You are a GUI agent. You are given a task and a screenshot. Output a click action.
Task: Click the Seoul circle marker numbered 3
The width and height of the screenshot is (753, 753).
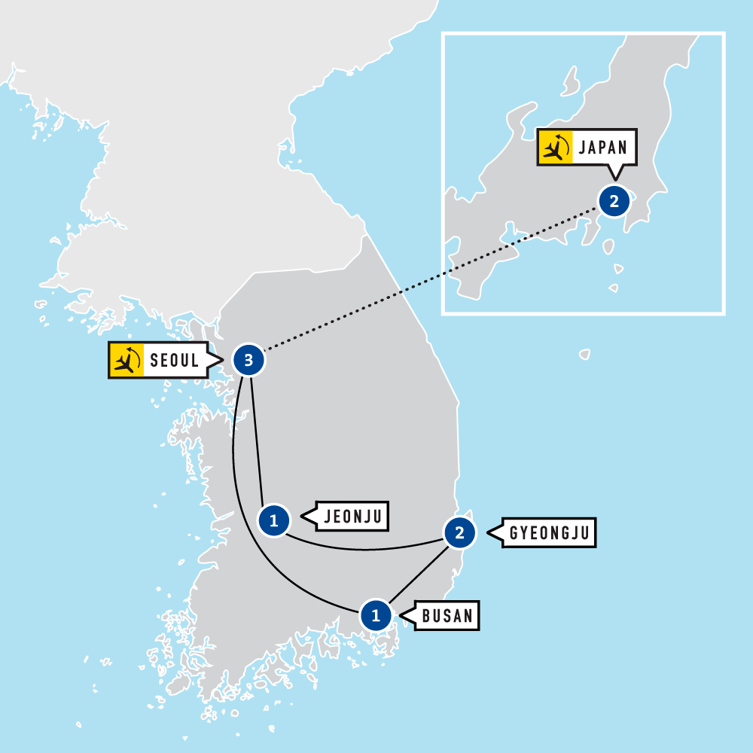(248, 361)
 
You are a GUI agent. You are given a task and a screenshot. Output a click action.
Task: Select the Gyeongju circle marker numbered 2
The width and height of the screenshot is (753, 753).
(459, 533)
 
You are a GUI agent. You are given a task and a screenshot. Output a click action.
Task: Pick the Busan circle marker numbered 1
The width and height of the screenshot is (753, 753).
(376, 615)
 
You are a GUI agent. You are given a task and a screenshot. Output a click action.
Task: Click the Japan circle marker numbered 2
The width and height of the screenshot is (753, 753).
(614, 201)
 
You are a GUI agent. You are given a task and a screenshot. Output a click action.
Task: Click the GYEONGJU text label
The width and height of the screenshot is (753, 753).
(551, 533)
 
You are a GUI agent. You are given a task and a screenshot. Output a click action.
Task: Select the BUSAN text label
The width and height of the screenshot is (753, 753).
(447, 616)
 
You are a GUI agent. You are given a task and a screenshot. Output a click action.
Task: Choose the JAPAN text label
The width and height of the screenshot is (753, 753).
(603, 147)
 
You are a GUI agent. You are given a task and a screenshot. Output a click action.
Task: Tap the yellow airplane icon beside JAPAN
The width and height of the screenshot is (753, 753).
(554, 147)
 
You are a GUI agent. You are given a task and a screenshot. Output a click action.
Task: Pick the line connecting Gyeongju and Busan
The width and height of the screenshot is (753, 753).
(419, 574)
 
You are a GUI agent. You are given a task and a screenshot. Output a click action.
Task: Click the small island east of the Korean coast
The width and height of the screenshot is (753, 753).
(584, 353)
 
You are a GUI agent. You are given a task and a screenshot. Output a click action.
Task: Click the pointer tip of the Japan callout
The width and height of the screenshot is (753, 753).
(616, 179)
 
